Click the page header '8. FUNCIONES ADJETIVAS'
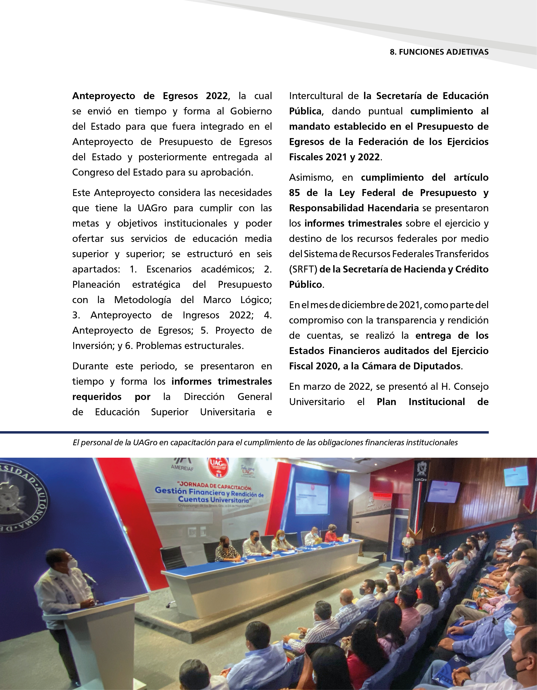coord(439,52)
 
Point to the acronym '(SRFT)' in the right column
coord(303,269)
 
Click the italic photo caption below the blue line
coord(265,442)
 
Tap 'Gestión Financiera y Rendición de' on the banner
coord(209,492)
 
